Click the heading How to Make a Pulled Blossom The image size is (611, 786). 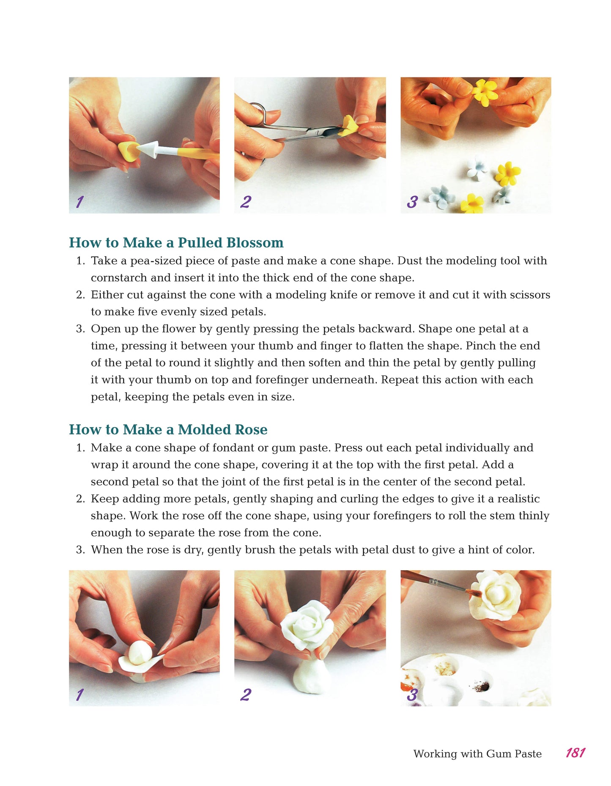176,242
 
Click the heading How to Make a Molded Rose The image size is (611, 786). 168,429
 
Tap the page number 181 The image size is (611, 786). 575,753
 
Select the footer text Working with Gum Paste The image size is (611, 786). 477,753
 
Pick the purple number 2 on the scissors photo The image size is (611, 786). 246,201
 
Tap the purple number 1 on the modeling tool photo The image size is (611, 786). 79,202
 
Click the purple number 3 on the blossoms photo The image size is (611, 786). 412,202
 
